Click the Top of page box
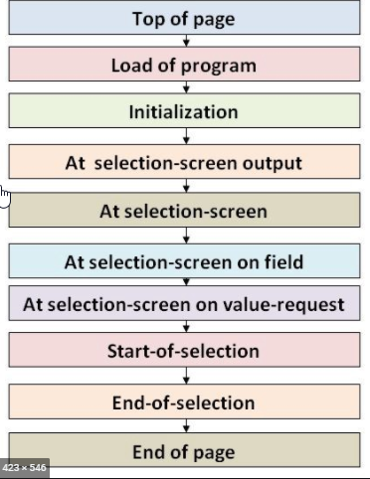pos(184,18)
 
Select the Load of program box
pos(184,66)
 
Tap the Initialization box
pos(184,112)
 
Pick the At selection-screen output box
pos(184,162)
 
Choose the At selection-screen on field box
pos(184,262)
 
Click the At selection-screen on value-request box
pos(184,303)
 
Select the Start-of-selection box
pos(184,351)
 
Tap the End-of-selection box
pos(184,402)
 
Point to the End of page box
pos(184,452)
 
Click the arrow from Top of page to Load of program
pos(185,42)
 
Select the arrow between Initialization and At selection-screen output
pos(185,137)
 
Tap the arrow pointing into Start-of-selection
pos(185,327)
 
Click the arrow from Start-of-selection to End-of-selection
pos(185,377)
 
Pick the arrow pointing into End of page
pos(185,427)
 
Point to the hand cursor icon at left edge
pos(5,196)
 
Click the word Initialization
pos(184,112)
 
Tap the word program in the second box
pos(221,67)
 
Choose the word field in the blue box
pos(282,262)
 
